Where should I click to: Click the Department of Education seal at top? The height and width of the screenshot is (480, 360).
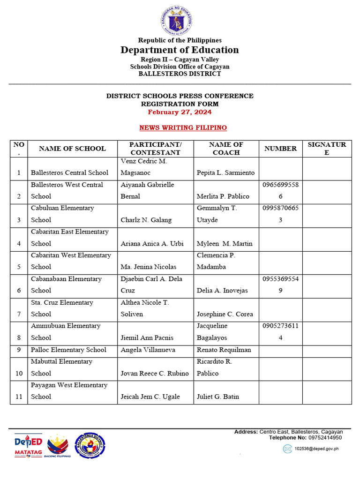pyautogui.click(x=176, y=22)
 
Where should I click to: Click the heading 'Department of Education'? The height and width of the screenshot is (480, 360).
pyautogui.click(x=180, y=50)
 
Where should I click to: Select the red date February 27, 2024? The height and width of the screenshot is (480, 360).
pyautogui.click(x=180, y=112)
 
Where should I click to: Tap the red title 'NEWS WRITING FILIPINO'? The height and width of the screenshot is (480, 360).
pyautogui.click(x=183, y=127)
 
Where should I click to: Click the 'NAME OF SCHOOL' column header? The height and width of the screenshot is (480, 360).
pyautogui.click(x=72, y=149)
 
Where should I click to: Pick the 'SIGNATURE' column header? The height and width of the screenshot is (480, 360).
pyautogui.click(x=327, y=149)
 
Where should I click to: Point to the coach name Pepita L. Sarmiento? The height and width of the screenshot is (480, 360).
pyautogui.click(x=226, y=172)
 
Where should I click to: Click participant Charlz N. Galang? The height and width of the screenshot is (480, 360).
pyautogui.click(x=146, y=220)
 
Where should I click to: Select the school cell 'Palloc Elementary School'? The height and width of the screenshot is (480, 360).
pyautogui.click(x=68, y=350)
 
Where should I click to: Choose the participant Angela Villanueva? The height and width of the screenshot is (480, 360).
pyautogui.click(x=146, y=350)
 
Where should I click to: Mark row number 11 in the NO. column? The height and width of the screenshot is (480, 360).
pyautogui.click(x=19, y=397)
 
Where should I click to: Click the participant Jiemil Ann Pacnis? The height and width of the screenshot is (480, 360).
pyautogui.click(x=144, y=337)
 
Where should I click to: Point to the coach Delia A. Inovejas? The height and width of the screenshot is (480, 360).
pyautogui.click(x=223, y=291)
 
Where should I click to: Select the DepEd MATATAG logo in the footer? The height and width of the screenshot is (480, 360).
pyautogui.click(x=29, y=445)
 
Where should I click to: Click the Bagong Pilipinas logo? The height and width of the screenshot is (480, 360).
pyautogui.click(x=58, y=446)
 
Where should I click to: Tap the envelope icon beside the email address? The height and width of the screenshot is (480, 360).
pyautogui.click(x=287, y=449)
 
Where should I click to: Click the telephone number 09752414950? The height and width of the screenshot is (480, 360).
pyautogui.click(x=325, y=437)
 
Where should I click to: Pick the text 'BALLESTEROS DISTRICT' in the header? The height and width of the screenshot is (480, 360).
pyautogui.click(x=180, y=74)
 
